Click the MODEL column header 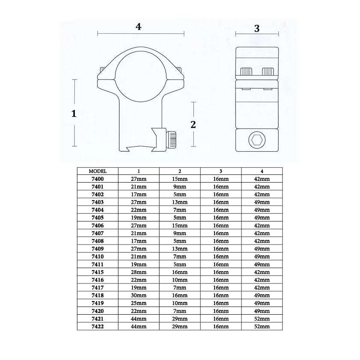[x=97, y=171]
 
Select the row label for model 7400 [x=97, y=179]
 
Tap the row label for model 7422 [x=97, y=326]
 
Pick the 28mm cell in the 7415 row [x=139, y=272]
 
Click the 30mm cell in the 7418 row [x=139, y=295]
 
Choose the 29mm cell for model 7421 [x=180, y=319]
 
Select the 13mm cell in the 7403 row [x=180, y=202]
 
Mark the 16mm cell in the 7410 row [x=221, y=257]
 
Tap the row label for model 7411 [x=97, y=264]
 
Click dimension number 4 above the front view [x=138, y=27]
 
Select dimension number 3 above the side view [x=257, y=29]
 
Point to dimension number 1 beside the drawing [x=74, y=114]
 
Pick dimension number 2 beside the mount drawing [x=193, y=124]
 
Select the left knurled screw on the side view [x=246, y=71]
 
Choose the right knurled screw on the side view [x=268, y=71]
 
